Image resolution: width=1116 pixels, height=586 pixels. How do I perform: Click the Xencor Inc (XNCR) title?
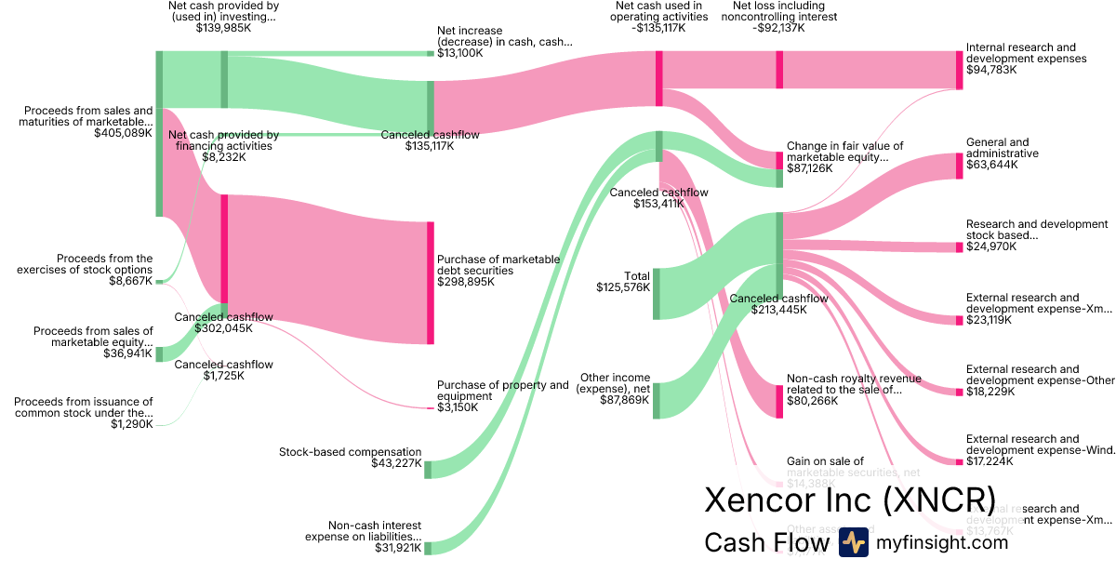pyautogui.click(x=850, y=499)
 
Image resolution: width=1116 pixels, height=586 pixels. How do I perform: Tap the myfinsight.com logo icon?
pyautogui.click(x=854, y=542)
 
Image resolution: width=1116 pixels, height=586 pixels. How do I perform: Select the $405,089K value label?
pyautogui.click(x=123, y=133)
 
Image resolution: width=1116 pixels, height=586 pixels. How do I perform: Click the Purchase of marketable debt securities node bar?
pyautogui.click(x=431, y=283)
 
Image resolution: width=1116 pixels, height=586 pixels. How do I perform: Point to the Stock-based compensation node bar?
pyautogui.click(x=428, y=470)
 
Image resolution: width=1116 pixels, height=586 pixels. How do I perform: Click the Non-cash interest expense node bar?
pyautogui.click(x=428, y=548)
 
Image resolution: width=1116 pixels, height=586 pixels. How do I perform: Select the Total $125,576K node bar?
pyautogui.click(x=657, y=293)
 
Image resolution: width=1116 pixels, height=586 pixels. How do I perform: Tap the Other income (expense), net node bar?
pyautogui.click(x=657, y=400)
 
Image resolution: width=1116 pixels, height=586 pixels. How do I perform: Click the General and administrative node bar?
pyautogui.click(x=960, y=166)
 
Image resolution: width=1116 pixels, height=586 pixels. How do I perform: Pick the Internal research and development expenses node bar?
pyautogui.click(x=960, y=70)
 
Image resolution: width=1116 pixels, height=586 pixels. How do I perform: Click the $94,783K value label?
pyautogui.click(x=991, y=70)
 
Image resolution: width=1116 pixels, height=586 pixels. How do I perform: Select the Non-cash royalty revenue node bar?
pyautogui.click(x=779, y=401)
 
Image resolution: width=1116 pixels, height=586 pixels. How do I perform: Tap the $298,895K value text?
pyautogui.click(x=465, y=281)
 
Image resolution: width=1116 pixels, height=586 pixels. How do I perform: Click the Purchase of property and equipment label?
pyautogui.click(x=502, y=391)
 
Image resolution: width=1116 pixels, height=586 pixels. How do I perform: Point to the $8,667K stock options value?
pyautogui.click(x=130, y=280)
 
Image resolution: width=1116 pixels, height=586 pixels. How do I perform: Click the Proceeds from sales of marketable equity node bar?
pyautogui.click(x=159, y=353)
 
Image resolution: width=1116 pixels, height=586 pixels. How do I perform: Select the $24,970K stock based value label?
pyautogui.click(x=991, y=246)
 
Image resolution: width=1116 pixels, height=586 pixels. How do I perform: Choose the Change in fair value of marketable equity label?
pyautogui.click(x=844, y=152)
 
